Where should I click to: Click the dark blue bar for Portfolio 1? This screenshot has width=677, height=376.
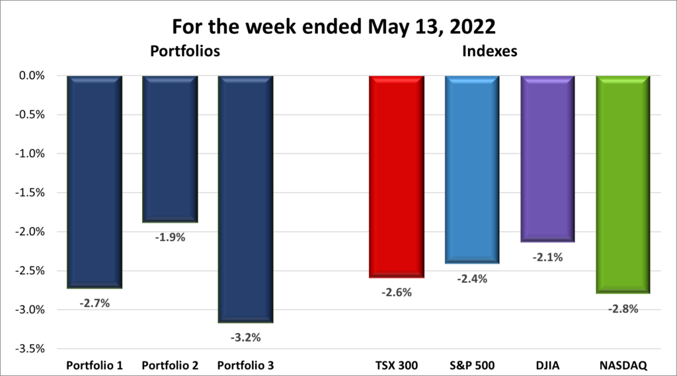click(x=95, y=182)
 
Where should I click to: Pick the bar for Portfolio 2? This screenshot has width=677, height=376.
click(x=170, y=149)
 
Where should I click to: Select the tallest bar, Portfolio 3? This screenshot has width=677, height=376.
click(x=245, y=198)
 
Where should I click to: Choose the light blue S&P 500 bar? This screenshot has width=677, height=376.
click(x=471, y=169)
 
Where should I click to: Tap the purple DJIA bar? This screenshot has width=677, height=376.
click(x=547, y=159)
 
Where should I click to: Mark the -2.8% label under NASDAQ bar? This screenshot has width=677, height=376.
click(x=623, y=308)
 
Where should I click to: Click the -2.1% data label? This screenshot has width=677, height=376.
click(x=548, y=257)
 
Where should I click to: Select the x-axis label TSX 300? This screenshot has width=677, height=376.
click(x=395, y=365)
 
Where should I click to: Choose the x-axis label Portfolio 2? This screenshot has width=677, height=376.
click(x=170, y=365)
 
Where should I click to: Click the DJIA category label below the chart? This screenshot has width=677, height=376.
click(x=547, y=365)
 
